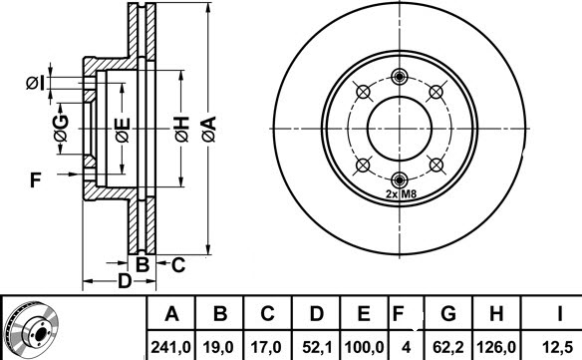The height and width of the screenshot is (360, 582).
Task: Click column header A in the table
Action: point(171,314)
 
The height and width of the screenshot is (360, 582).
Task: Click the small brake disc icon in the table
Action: point(28,329)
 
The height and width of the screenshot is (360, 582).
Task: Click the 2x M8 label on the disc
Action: point(401,194)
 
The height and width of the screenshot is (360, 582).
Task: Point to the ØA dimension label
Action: point(208,127)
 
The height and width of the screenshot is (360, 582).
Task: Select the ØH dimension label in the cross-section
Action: point(180,128)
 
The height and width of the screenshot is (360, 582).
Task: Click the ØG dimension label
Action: point(61,127)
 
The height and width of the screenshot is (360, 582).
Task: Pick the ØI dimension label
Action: point(35,82)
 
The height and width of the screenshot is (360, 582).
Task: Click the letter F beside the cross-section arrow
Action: point(34,180)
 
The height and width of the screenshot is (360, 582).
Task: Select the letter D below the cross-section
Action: point(124,281)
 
